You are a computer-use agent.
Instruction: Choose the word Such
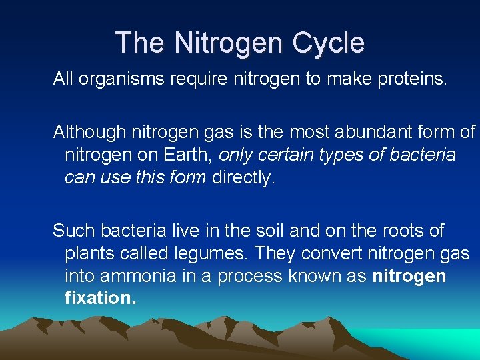(x=73, y=231)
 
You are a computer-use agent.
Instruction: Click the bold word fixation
(x=100, y=298)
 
